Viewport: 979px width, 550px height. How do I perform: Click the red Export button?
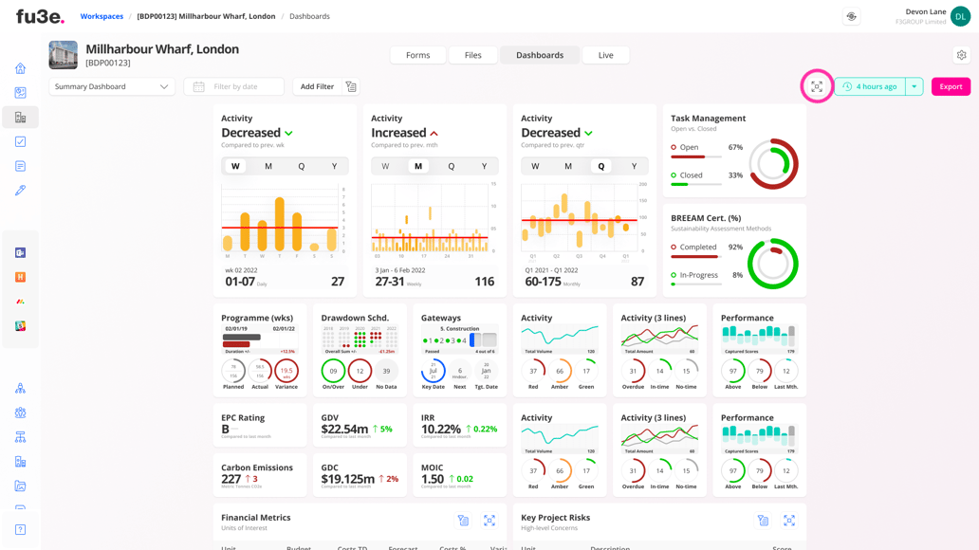click(951, 86)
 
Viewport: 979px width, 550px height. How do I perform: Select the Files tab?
click(472, 55)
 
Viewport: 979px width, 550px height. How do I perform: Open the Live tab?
click(605, 55)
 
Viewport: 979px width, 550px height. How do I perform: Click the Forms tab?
click(417, 55)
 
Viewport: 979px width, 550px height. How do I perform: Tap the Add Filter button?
click(317, 86)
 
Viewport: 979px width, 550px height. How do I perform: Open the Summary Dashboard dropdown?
click(111, 86)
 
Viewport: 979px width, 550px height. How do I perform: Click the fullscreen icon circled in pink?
click(817, 86)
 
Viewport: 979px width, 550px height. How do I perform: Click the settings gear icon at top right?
click(961, 55)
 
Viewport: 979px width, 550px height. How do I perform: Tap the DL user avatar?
click(960, 16)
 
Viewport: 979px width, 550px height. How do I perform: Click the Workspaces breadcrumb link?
click(102, 16)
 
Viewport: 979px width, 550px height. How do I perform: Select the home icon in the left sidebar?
click(20, 68)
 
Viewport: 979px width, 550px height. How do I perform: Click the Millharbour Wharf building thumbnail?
click(64, 55)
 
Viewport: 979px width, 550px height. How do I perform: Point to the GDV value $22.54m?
click(344, 430)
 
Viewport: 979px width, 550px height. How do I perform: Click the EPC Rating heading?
click(243, 417)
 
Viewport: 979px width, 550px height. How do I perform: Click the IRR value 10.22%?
click(441, 430)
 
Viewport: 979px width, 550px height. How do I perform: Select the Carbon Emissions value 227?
click(231, 479)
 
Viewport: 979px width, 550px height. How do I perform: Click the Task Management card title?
click(708, 119)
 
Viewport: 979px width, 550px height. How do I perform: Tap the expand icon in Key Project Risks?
click(788, 520)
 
